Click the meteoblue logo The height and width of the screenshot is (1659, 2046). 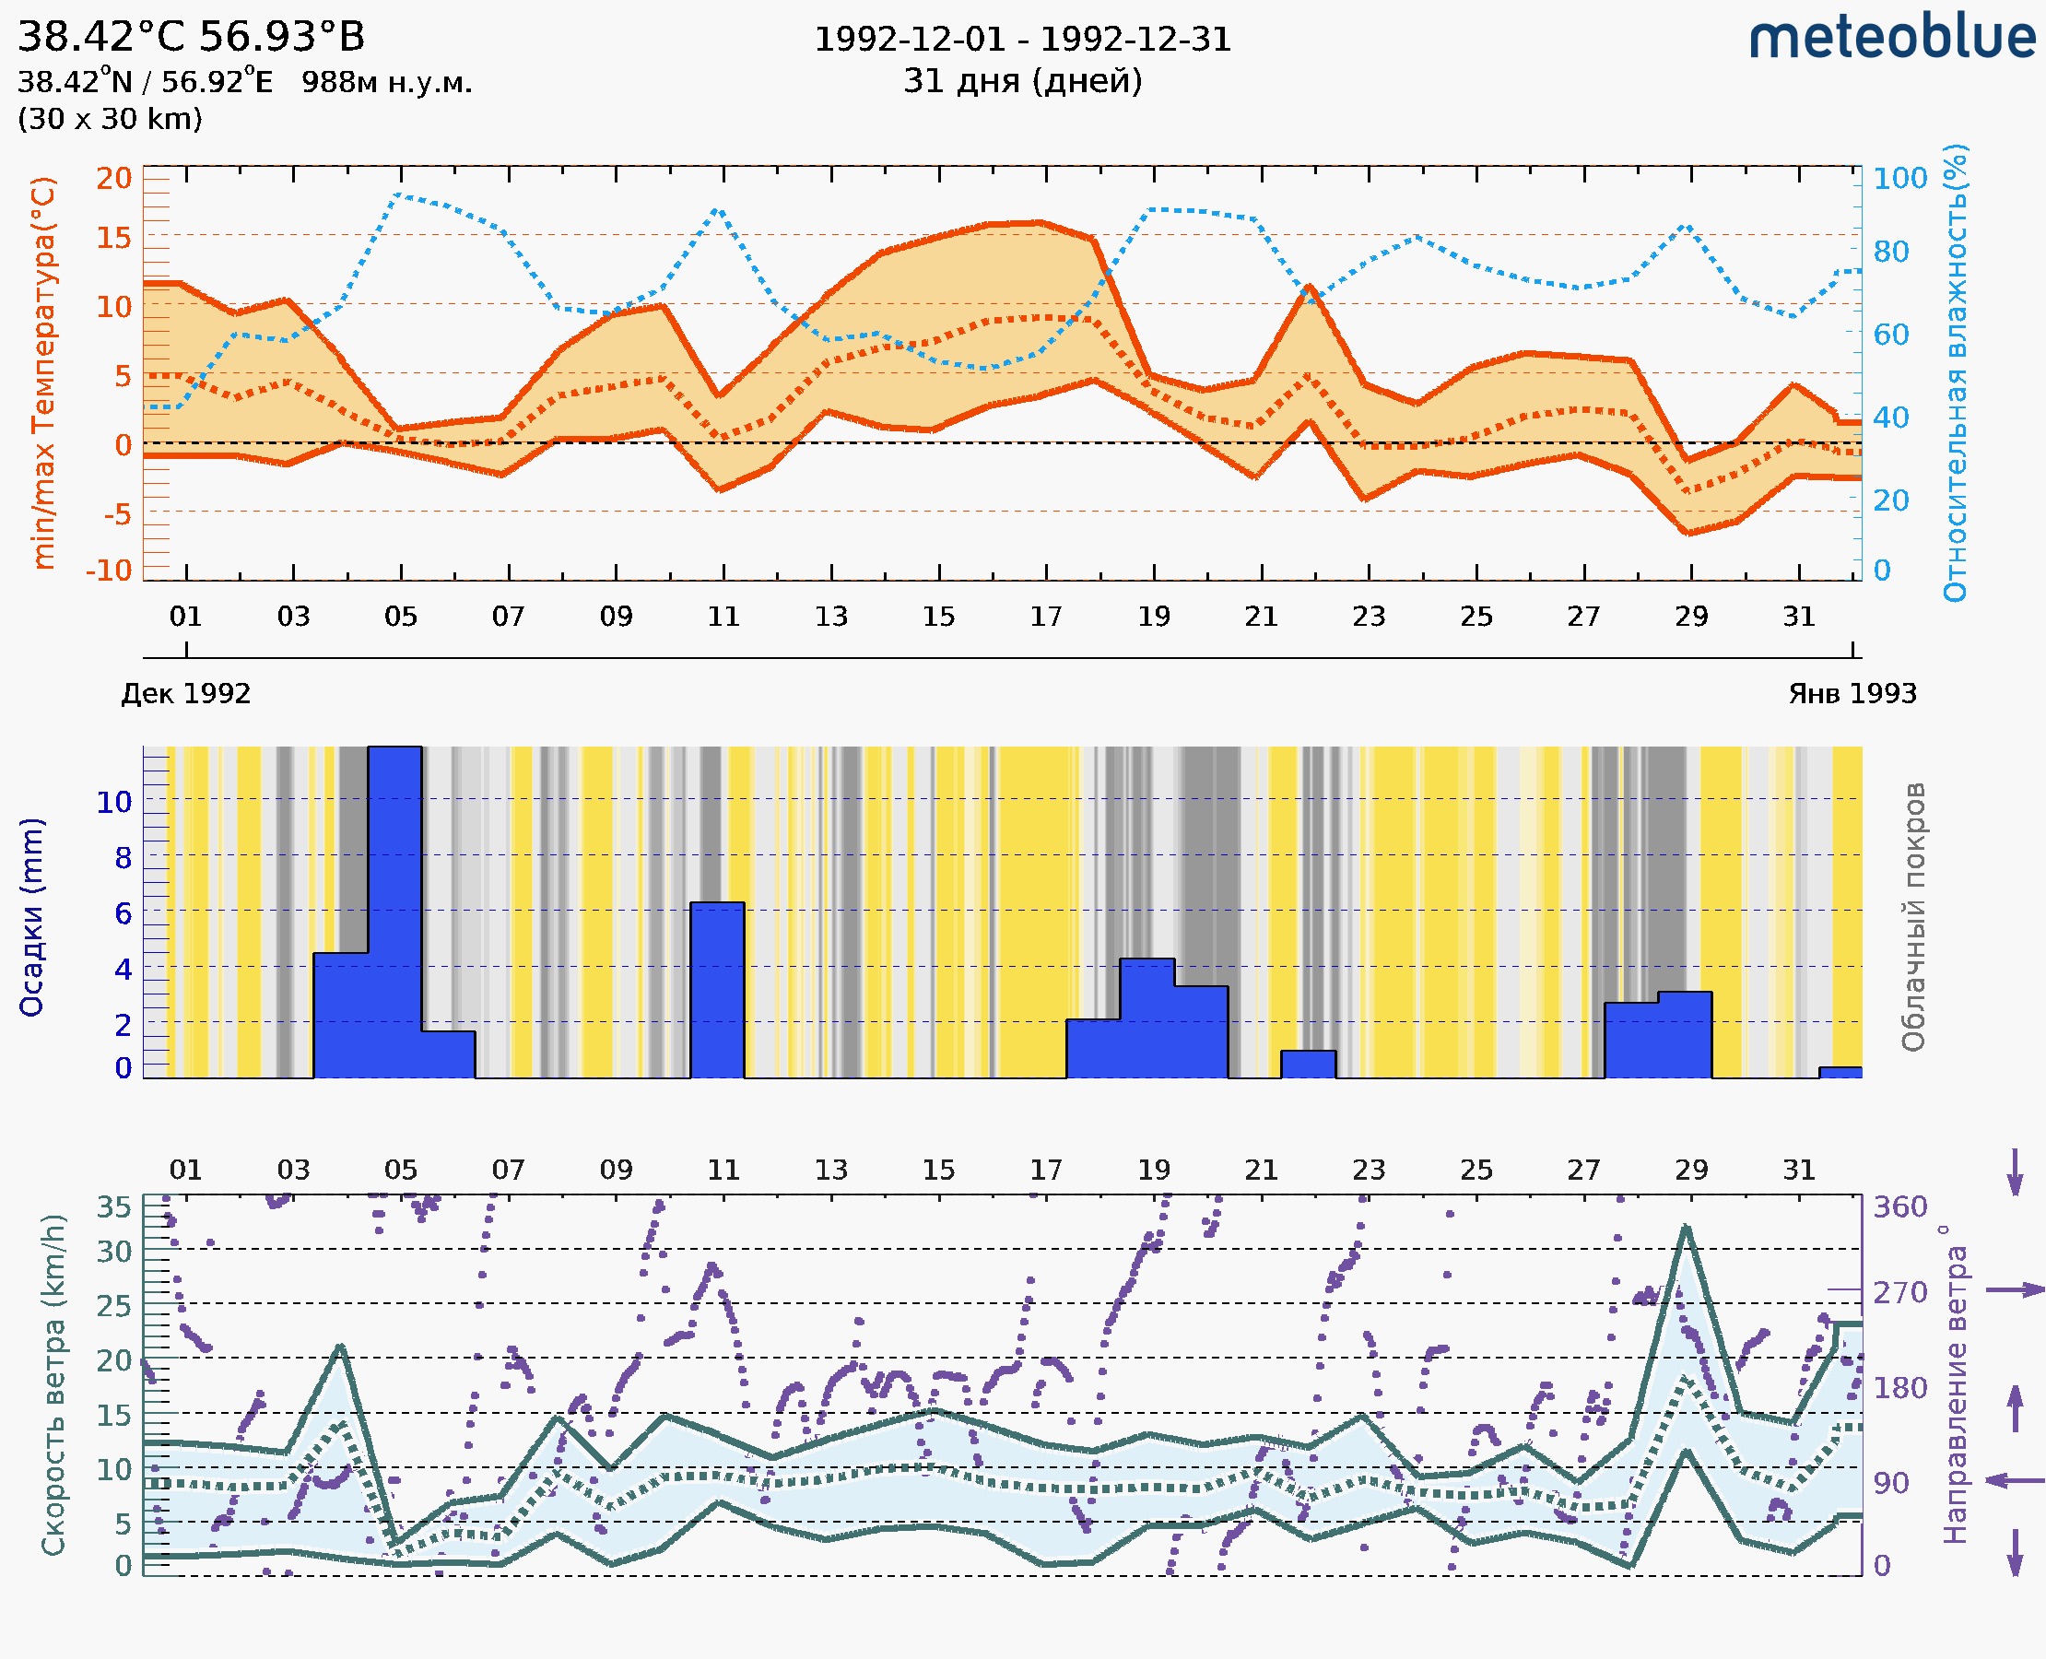click(1892, 38)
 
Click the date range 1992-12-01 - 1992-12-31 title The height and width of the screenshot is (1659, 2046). click(1022, 40)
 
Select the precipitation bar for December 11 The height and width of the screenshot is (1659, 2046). click(717, 989)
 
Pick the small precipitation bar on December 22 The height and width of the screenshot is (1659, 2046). click(1307, 1064)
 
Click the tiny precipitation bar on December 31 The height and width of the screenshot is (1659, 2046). click(1840, 1072)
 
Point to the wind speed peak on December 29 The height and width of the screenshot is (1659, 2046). click(1686, 1228)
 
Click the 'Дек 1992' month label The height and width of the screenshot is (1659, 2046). click(186, 693)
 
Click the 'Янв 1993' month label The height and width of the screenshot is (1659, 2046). click(1852, 693)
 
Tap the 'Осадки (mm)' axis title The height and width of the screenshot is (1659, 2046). click(31, 917)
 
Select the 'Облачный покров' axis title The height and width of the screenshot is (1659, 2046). click(1913, 917)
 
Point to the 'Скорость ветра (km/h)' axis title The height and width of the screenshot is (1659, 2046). click(53, 1384)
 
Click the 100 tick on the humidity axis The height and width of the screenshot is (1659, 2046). click(1899, 179)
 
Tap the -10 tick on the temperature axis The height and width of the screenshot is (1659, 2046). click(109, 570)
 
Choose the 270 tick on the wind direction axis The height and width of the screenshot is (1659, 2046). click(1899, 1292)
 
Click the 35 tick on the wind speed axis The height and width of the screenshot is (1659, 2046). click(113, 1207)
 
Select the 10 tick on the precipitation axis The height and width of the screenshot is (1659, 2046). click(113, 802)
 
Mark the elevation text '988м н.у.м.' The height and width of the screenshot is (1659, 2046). click(386, 82)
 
